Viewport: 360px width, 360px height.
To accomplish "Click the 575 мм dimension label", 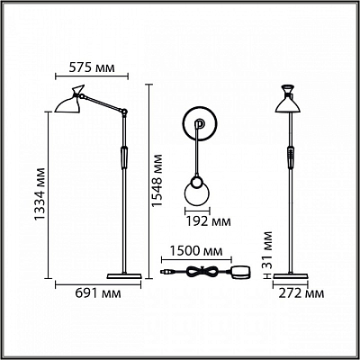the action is (x=92, y=67).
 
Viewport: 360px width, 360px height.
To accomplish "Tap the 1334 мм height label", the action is (x=40, y=193).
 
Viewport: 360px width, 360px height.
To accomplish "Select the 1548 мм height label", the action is (x=157, y=180).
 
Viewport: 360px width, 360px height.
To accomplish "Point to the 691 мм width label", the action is (x=98, y=293).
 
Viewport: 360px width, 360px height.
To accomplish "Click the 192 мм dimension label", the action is (x=209, y=221).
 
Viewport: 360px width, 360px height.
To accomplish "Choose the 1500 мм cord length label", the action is (x=196, y=251).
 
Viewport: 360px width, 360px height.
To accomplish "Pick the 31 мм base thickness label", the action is (x=265, y=249).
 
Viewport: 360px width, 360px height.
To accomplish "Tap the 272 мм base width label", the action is (x=301, y=293).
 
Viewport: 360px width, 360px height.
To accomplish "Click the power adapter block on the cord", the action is (x=240, y=272).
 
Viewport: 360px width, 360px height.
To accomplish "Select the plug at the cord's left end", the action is (x=166, y=272).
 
